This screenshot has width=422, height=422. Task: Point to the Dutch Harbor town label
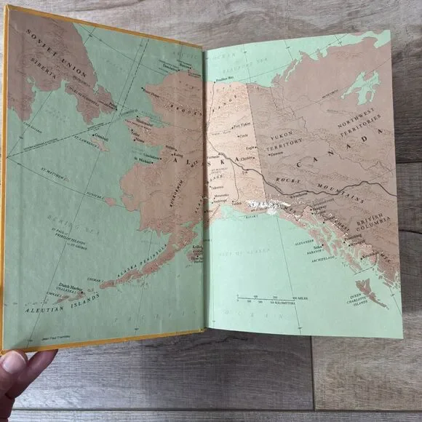[x=59, y=287]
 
